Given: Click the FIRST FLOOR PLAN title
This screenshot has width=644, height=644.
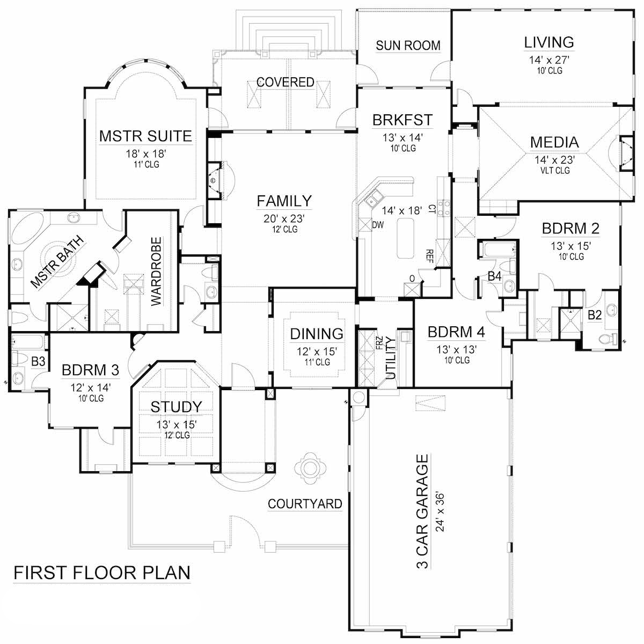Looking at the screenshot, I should [101, 573].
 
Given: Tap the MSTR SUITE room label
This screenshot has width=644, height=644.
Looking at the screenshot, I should [145, 136].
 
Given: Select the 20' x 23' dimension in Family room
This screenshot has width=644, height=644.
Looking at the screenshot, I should [284, 218].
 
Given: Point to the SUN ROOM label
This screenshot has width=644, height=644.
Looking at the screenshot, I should [408, 46].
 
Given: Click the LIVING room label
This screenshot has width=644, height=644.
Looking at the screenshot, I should [549, 42].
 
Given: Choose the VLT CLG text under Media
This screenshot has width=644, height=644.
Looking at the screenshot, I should [554, 171].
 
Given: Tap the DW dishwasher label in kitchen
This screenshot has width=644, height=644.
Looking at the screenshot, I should [378, 224].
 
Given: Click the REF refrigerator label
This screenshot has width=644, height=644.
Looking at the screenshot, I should [429, 254].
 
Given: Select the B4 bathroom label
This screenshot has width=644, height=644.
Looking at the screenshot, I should [494, 277].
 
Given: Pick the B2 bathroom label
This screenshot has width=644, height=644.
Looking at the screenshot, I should [594, 315].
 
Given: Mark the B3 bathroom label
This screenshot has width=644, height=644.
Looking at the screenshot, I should [38, 362].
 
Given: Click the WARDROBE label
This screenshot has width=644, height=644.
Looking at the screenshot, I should [156, 271].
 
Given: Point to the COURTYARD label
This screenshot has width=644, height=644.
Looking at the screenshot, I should [305, 503].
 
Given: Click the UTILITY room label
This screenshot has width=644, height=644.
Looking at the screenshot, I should [391, 358].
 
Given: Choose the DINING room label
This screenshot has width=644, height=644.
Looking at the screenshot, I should [317, 334].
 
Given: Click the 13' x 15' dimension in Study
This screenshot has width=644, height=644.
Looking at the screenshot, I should [176, 425].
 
